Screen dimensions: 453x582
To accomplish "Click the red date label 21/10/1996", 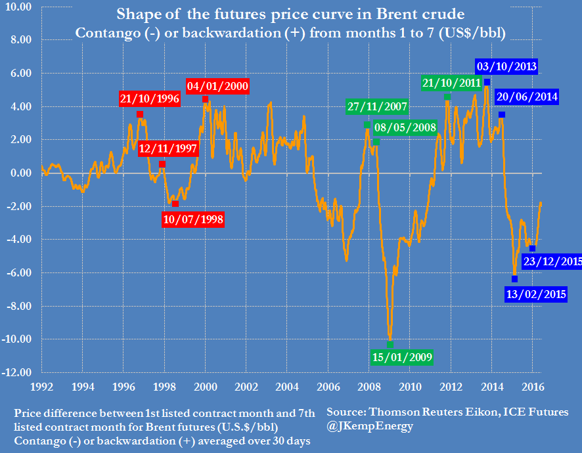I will coord(149,99).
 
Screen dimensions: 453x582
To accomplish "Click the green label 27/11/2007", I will coord(377,107).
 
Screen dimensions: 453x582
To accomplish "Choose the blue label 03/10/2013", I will coord(507,66).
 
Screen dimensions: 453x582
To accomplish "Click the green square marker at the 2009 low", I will coord(390,344).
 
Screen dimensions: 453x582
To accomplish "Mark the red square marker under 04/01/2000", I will coord(206,99).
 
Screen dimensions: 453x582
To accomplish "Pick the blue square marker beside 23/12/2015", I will coord(532,248).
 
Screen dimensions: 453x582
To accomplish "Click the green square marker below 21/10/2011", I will coord(447,97).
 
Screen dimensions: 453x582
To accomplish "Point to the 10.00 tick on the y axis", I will coord(18,7).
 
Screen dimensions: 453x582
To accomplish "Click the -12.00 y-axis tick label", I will coord(17,372).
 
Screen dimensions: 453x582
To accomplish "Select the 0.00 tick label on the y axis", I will coord(20,173).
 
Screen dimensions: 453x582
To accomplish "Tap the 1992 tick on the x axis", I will coord(41,387).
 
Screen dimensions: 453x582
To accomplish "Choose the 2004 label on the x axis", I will coord(287,387).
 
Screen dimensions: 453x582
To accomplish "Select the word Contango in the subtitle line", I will coord(104,33).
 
